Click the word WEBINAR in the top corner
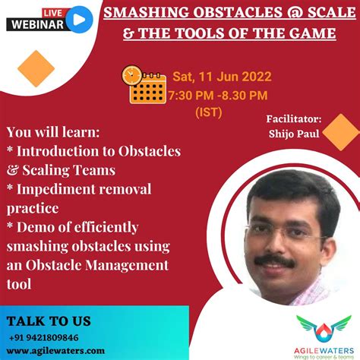pyautogui.click(x=34, y=23)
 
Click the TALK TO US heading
pyautogui.click(x=49, y=321)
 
